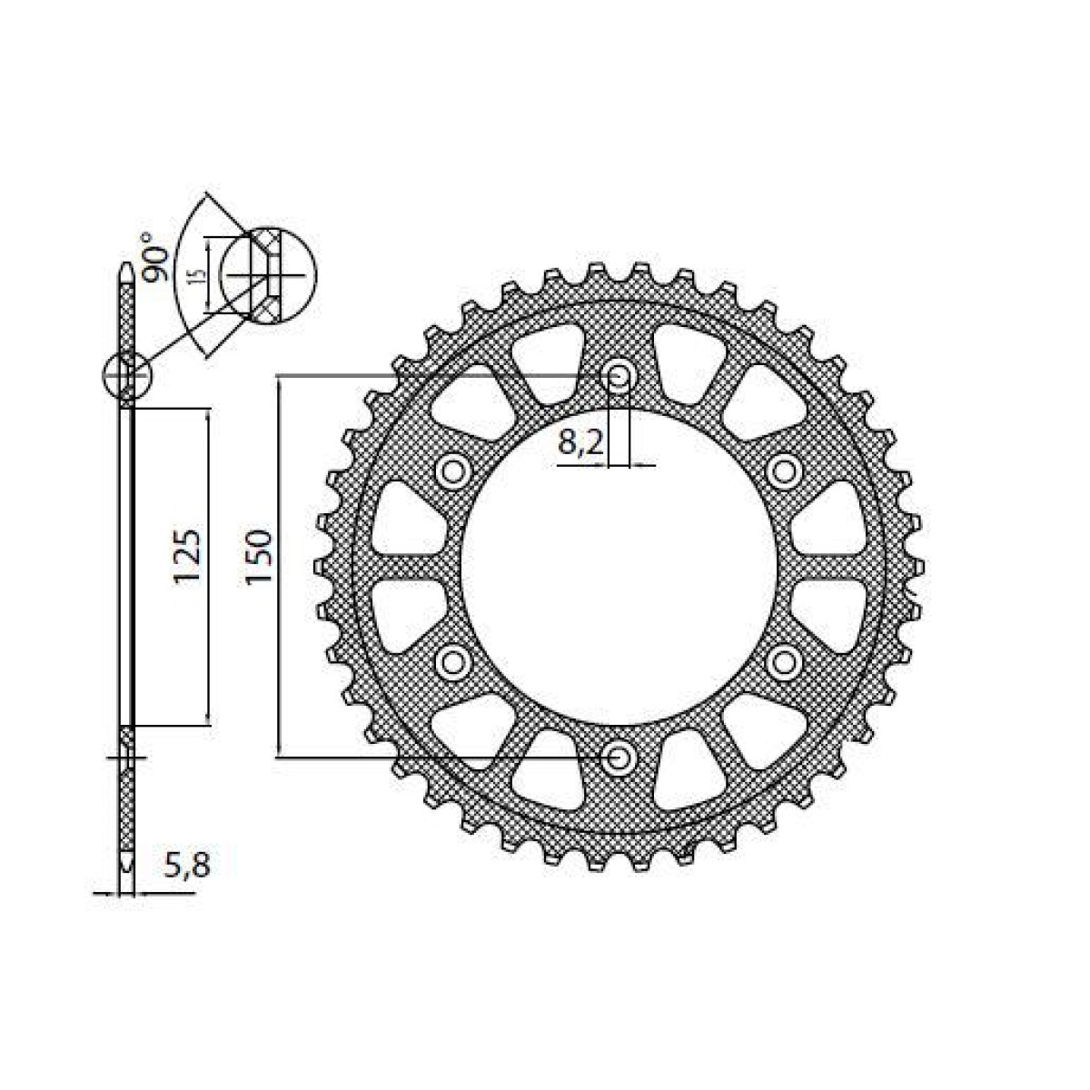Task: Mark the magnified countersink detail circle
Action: click(269, 272)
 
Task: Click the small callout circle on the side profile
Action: click(127, 375)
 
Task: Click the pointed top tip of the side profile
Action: click(127, 269)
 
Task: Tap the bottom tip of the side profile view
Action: click(127, 863)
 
